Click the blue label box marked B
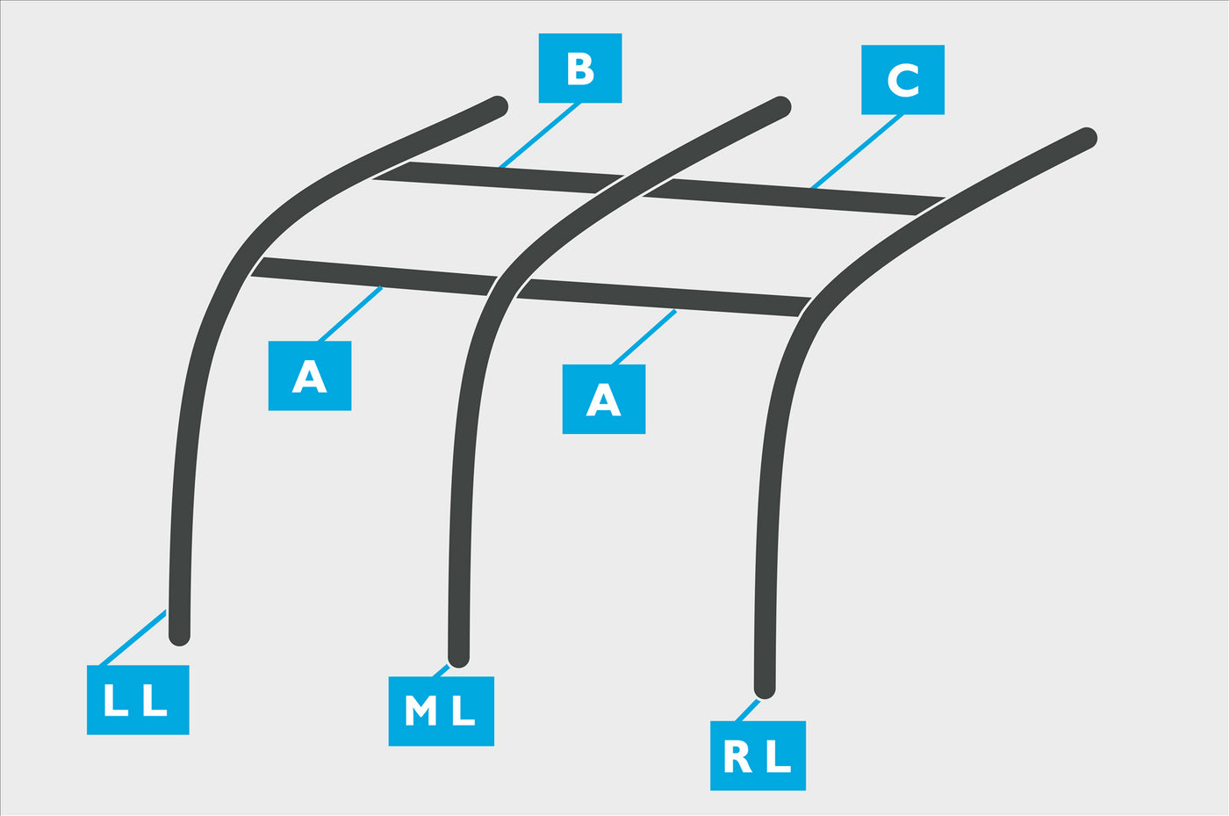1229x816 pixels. click(x=580, y=69)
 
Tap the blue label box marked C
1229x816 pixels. click(x=902, y=80)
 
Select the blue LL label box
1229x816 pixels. click(x=138, y=699)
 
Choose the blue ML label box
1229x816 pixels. click(x=441, y=711)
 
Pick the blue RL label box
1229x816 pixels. click(x=758, y=755)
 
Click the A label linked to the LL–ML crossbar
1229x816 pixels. click(x=309, y=376)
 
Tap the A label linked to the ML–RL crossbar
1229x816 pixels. click(x=604, y=399)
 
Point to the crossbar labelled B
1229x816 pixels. click(x=499, y=177)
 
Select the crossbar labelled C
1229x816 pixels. click(x=794, y=197)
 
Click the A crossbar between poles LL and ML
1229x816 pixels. click(x=374, y=276)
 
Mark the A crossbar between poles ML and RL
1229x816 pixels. click(x=664, y=298)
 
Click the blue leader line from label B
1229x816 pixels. click(x=540, y=135)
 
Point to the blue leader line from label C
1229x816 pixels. click(x=857, y=152)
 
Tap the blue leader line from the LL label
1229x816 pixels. click(x=133, y=638)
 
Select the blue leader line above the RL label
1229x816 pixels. click(x=747, y=711)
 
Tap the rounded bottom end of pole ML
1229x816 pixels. click(x=458, y=658)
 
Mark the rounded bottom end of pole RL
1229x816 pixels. click(x=765, y=690)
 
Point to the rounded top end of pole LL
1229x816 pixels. click(x=499, y=106)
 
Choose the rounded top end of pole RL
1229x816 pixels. click(x=1087, y=137)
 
